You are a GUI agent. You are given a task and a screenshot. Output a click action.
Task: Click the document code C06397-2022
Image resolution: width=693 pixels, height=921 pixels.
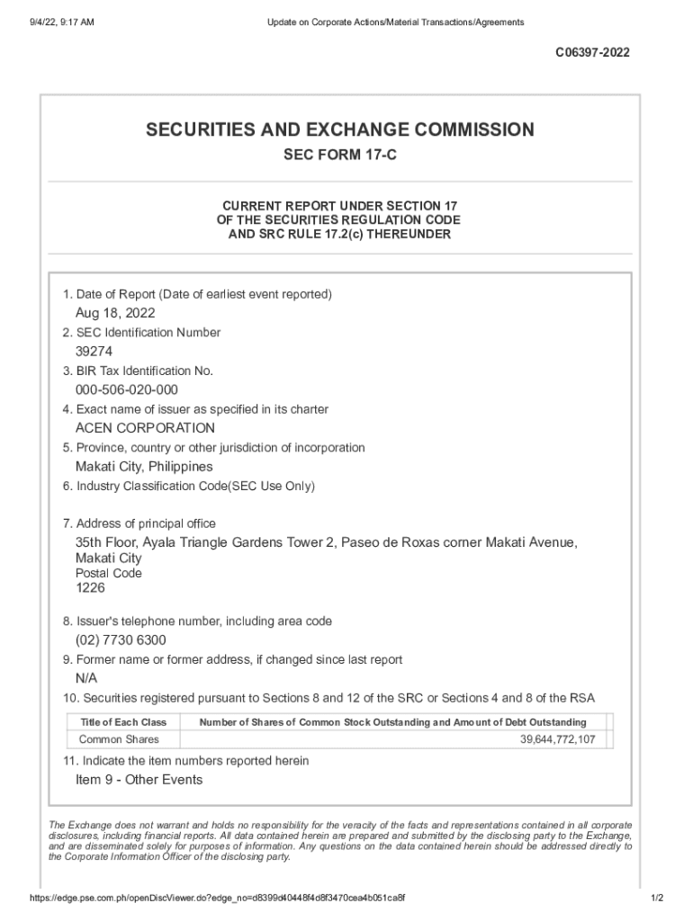[x=592, y=53]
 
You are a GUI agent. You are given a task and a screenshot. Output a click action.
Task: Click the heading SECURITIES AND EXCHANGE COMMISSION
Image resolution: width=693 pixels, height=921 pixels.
[x=340, y=130]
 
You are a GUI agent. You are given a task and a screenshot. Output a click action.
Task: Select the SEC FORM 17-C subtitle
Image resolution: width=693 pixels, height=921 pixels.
[x=340, y=156]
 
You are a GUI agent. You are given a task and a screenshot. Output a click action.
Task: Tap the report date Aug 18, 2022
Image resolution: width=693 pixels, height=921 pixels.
[x=115, y=313]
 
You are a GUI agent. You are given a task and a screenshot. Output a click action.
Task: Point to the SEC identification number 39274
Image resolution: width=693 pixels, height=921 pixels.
[x=94, y=352]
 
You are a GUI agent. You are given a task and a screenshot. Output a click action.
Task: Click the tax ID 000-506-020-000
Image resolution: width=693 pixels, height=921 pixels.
[x=127, y=389]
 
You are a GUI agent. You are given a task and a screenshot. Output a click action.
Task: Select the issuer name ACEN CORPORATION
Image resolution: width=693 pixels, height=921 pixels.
[x=145, y=428]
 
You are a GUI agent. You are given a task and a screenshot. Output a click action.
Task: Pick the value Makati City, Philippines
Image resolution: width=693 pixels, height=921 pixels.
[x=144, y=467]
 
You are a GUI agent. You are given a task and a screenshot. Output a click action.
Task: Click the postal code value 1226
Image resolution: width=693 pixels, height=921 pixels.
[x=90, y=587]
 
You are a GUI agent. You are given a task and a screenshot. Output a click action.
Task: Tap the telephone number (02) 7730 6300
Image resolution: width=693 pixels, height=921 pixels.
[x=121, y=640]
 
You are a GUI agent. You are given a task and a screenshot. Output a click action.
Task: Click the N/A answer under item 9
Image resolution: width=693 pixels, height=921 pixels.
[x=86, y=678]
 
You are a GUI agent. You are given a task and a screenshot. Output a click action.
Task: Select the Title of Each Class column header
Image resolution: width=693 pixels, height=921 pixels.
[x=123, y=722]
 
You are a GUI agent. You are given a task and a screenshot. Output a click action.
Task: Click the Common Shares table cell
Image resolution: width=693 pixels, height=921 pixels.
[x=119, y=739]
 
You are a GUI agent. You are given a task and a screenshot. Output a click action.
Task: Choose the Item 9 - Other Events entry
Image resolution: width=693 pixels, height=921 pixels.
[x=139, y=780]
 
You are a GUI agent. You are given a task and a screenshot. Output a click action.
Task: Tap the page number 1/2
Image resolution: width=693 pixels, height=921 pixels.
[x=656, y=899]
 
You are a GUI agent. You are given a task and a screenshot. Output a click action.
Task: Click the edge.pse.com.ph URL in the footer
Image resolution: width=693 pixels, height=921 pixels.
[x=216, y=899]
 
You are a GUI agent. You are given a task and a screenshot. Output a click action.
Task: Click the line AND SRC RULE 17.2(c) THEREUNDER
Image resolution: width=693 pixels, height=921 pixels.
[x=340, y=235]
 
